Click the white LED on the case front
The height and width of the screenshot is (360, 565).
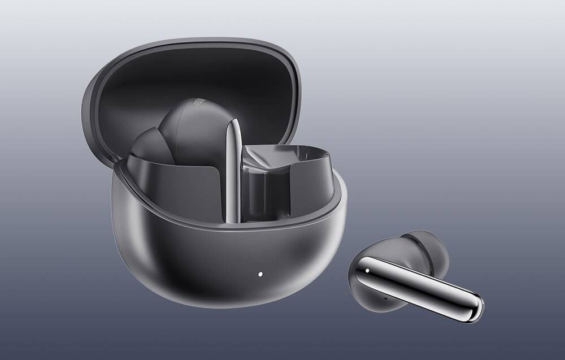tap(260, 275)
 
